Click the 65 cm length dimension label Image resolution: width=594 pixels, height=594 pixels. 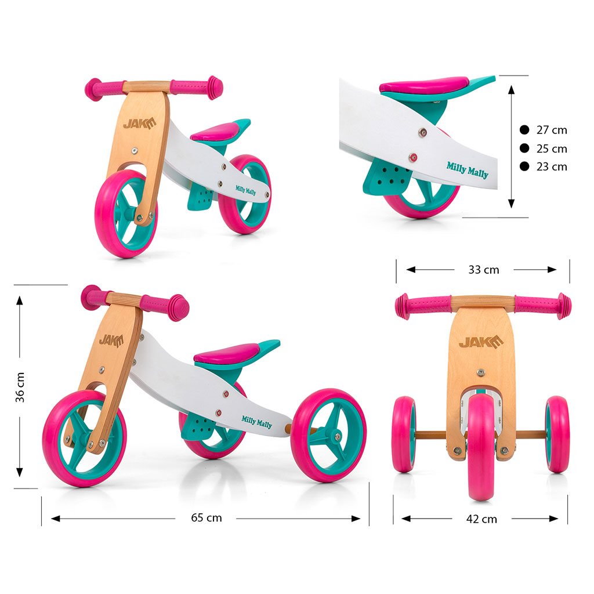point(207,517)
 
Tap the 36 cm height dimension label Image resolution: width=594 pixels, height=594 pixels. point(20,387)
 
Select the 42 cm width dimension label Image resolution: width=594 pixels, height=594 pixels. point(481,519)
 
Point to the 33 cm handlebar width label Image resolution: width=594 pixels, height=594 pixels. point(484,270)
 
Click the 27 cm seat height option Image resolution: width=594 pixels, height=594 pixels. point(552,130)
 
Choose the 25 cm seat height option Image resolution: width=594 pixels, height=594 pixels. point(552,148)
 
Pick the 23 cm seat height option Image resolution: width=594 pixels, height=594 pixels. point(552,166)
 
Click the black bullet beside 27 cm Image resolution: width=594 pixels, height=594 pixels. point(524,130)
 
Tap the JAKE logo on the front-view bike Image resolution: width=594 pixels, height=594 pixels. point(481,342)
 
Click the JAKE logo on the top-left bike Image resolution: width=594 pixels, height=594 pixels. point(139,124)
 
